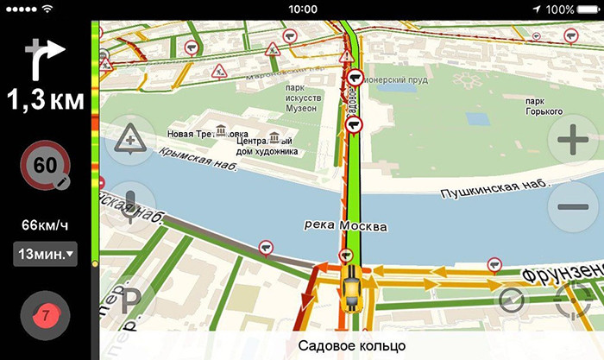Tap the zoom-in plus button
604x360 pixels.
[573, 139]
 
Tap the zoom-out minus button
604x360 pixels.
[573, 207]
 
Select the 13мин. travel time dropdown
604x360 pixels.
[45, 255]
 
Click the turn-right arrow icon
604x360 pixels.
[45, 58]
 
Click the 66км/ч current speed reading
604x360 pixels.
[45, 226]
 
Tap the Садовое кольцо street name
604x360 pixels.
[351, 345]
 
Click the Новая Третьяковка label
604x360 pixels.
[208, 134]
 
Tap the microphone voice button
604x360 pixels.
[129, 205]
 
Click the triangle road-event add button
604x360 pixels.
[129, 139]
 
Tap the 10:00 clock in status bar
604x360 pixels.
[303, 9]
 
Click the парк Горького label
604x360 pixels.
[544, 106]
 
